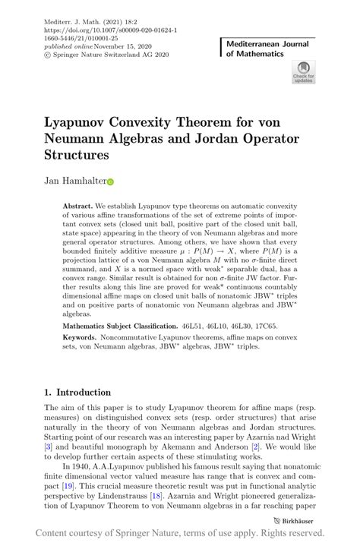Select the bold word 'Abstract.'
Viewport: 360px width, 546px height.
[77, 206]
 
